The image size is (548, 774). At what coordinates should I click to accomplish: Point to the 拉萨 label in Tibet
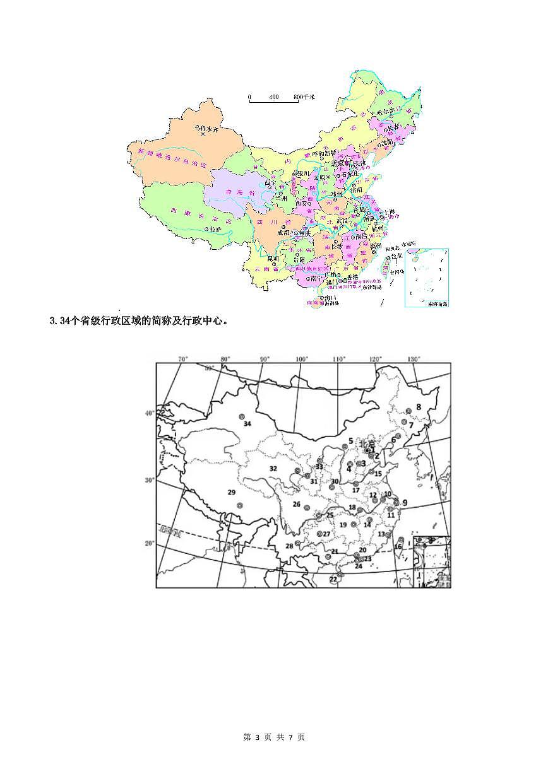(x=200, y=231)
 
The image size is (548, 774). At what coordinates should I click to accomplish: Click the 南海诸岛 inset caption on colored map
(x=437, y=304)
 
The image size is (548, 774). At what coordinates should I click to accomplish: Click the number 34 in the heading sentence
(x=61, y=322)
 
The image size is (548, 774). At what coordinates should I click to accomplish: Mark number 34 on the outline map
(x=247, y=424)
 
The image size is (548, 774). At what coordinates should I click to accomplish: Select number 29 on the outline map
(x=231, y=492)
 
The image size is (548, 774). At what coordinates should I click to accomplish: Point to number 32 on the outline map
(x=273, y=469)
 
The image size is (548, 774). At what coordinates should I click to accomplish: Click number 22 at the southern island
(x=333, y=578)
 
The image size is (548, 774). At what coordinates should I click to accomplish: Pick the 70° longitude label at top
(x=183, y=359)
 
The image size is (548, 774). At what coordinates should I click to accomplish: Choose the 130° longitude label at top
(x=414, y=359)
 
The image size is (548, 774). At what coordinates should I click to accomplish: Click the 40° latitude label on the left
(x=149, y=414)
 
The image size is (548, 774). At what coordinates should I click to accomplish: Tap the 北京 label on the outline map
(x=367, y=443)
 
